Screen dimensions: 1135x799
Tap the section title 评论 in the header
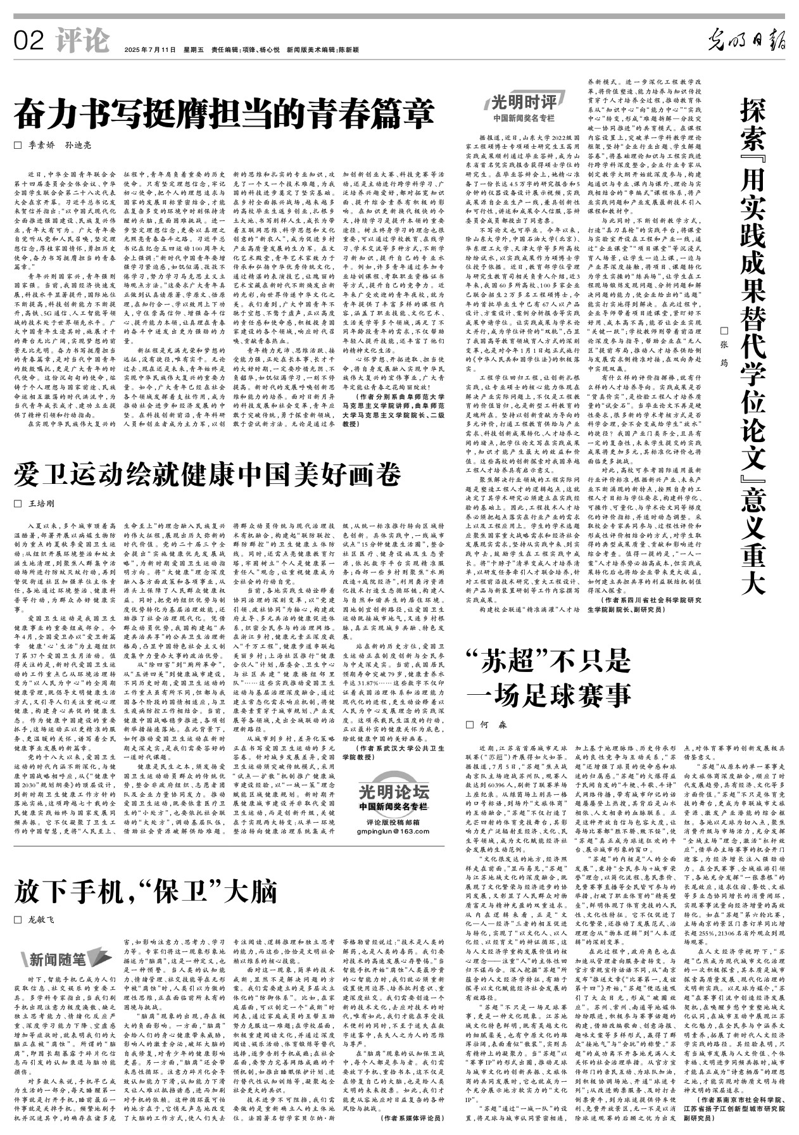(82, 41)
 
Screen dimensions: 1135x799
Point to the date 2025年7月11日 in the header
(149, 49)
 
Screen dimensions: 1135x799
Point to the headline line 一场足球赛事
(549, 695)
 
